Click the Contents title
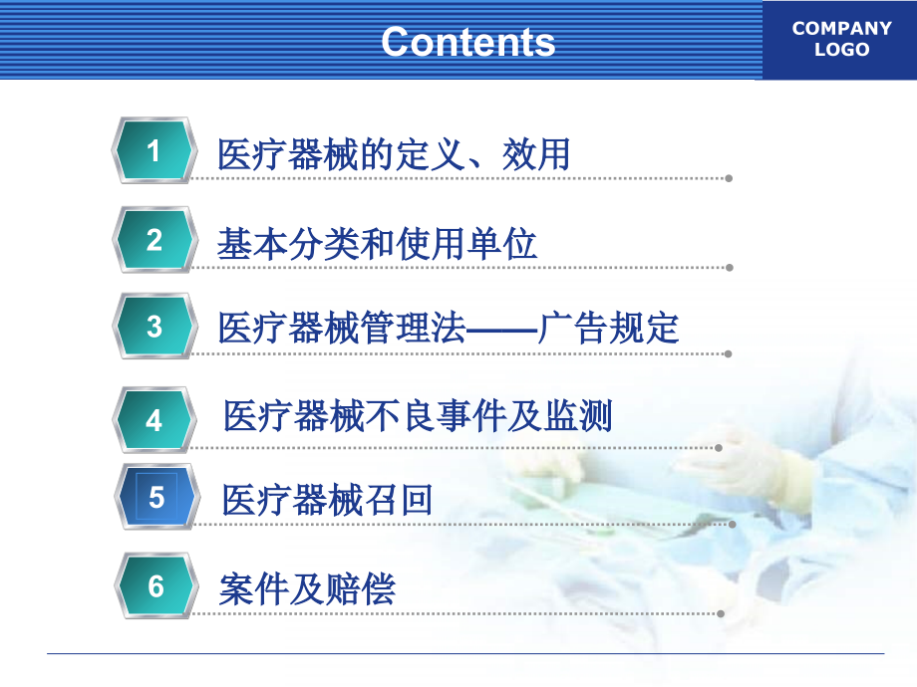tap(467, 42)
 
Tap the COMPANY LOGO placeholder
tap(841, 39)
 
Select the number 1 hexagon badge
tap(153, 151)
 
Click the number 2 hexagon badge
tap(153, 240)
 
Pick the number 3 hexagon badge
tap(153, 327)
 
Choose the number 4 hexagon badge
tap(153, 420)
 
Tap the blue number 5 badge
tap(155, 497)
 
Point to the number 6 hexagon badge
tap(155, 586)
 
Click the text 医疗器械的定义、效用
tap(394, 155)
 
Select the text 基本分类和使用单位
tap(377, 244)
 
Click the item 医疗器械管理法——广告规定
tap(448, 328)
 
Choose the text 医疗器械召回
tap(328, 499)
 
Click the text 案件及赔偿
tap(307, 588)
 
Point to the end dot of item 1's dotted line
tap(730, 178)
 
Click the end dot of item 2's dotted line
tap(730, 267)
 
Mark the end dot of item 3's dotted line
tap(730, 353)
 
